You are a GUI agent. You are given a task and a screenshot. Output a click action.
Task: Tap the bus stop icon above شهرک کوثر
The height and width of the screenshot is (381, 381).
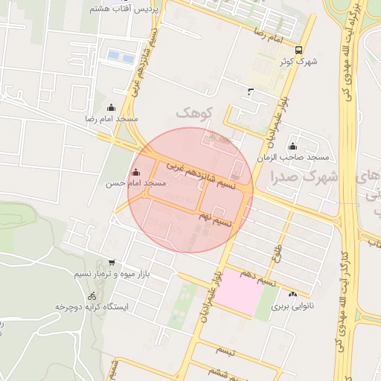tap(298, 50)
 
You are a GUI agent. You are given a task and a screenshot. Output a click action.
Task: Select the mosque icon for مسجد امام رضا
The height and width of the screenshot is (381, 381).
tap(112, 107)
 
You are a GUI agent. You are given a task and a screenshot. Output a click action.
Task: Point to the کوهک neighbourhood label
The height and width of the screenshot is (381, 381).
tap(194, 112)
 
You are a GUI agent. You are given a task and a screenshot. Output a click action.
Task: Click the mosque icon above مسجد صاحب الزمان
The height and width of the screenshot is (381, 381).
tap(292, 147)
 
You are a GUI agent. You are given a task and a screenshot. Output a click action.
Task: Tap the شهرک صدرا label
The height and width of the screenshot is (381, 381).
tap(305, 177)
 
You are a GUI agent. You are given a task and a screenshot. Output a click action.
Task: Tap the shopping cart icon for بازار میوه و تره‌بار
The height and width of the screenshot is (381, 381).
tap(112, 263)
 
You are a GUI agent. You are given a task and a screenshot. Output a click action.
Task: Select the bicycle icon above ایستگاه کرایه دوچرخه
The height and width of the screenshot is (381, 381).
tap(92, 295)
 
